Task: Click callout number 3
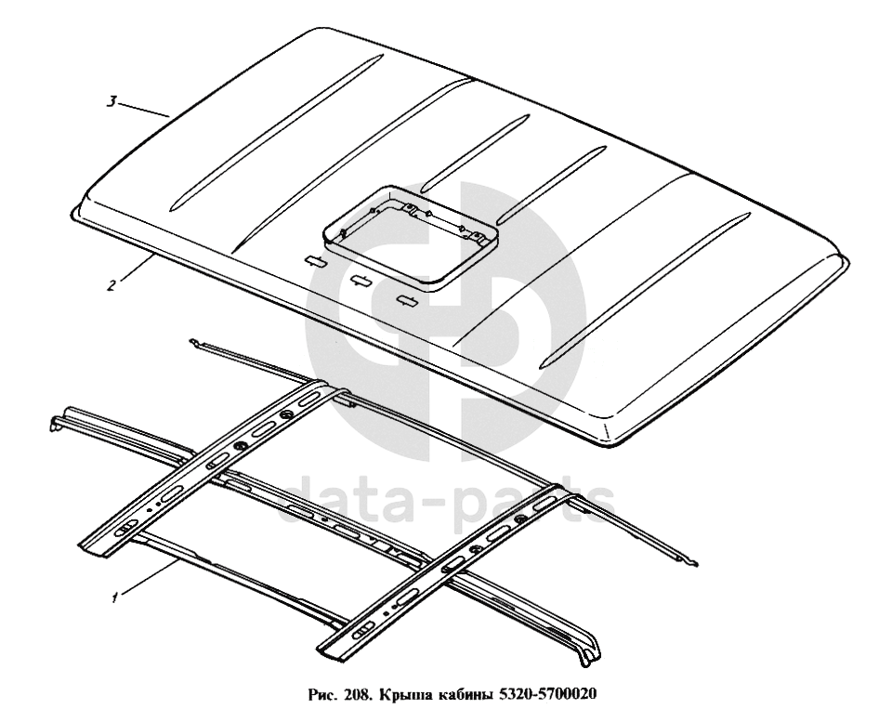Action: pyautogui.click(x=112, y=101)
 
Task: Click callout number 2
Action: pyautogui.click(x=111, y=284)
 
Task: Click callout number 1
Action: pyautogui.click(x=115, y=597)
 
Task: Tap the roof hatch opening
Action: pyautogui.click(x=410, y=234)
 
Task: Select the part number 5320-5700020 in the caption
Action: pyautogui.click(x=548, y=695)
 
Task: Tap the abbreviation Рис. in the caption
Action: pyautogui.click(x=324, y=695)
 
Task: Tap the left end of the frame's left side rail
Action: pyautogui.click(x=55, y=423)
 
